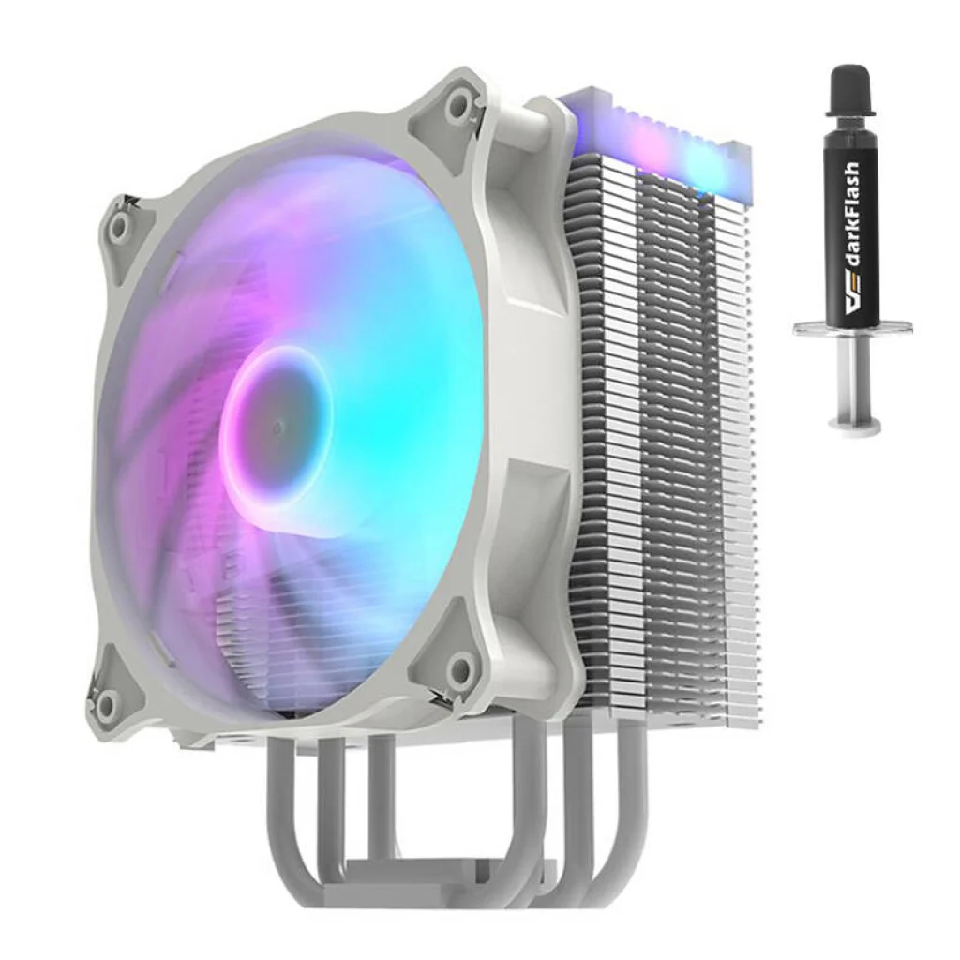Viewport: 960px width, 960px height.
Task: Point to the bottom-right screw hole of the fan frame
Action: (x=463, y=667)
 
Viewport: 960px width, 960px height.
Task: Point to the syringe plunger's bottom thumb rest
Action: (x=854, y=425)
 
